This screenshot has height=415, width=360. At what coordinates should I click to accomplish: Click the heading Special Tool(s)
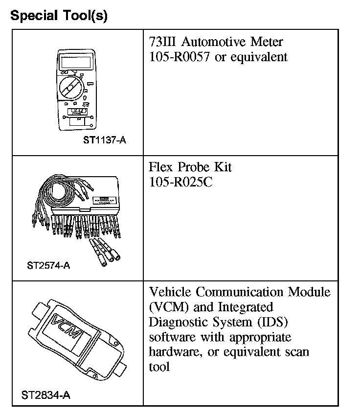59,16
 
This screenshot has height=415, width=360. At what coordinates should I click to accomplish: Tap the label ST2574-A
48,266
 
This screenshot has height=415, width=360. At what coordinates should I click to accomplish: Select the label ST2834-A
46,394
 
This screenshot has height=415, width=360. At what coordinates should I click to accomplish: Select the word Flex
162,167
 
